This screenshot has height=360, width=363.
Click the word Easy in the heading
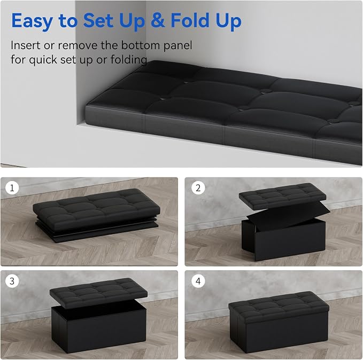(32, 21)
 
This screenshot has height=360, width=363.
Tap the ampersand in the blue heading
(158, 20)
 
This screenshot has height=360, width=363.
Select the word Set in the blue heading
(98, 20)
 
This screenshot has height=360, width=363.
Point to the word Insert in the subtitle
(26, 45)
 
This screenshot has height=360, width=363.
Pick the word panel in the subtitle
(178, 45)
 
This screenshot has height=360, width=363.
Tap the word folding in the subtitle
(128, 60)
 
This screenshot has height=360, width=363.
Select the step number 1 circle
(12, 187)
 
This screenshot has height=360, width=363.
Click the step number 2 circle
(198, 187)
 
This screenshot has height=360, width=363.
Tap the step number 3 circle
(12, 281)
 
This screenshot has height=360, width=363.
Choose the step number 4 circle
(198, 281)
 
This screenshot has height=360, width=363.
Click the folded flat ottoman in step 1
(96, 215)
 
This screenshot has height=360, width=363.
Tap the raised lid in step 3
(98, 293)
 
